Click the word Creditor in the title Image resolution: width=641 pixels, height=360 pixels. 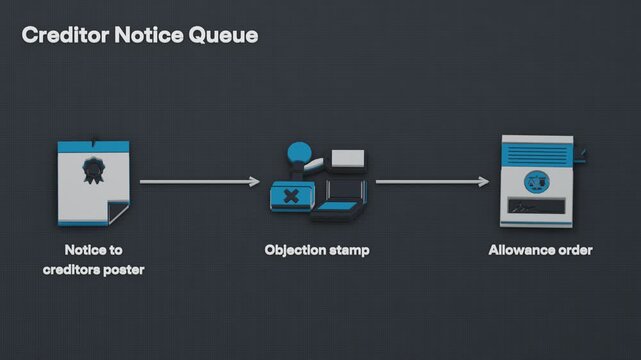(65, 35)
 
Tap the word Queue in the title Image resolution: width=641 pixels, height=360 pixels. (223, 36)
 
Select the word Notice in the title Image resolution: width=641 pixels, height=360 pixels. (149, 35)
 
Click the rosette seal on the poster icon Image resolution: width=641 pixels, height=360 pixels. (94, 170)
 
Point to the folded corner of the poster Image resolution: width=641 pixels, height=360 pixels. (118, 212)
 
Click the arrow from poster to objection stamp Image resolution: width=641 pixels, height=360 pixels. (200, 181)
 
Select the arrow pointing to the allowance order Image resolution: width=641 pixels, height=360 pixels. (433, 181)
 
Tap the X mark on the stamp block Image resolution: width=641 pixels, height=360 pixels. (291, 196)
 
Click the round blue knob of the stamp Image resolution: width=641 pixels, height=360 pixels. (299, 152)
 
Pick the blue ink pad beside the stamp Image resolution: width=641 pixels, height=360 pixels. (338, 207)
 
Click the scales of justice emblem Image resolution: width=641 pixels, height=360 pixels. (536, 182)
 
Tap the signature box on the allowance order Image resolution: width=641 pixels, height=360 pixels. (536, 206)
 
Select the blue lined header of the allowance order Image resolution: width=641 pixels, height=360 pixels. (537, 155)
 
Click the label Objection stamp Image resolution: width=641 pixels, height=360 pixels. (317, 250)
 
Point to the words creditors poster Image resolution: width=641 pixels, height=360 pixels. (94, 270)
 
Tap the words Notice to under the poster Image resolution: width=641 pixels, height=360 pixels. (94, 250)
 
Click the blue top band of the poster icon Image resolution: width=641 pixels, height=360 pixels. (94, 147)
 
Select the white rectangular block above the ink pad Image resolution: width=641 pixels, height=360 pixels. (348, 159)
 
